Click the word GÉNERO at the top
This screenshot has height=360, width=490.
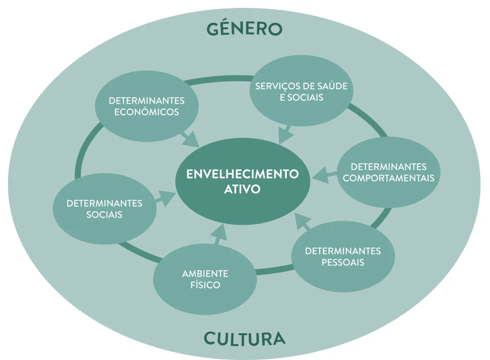(x=244, y=28)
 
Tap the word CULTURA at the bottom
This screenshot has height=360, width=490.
(x=245, y=339)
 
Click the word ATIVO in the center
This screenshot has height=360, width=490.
(x=242, y=189)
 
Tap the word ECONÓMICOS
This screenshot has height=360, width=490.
(x=147, y=112)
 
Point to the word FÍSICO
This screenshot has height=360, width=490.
(x=205, y=285)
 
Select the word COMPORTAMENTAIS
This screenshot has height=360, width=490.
(x=389, y=178)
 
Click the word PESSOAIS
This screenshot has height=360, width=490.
(x=343, y=262)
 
